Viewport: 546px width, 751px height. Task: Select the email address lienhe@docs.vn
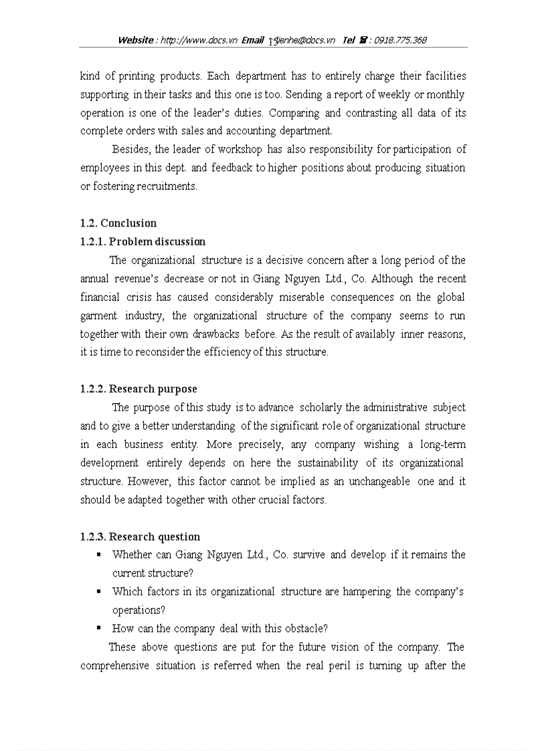click(305, 40)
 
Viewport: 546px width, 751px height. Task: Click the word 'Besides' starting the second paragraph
click(131, 149)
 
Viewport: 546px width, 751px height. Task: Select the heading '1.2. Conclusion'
click(118, 223)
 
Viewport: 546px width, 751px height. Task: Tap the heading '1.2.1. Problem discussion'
click(143, 241)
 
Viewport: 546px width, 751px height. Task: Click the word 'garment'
click(99, 316)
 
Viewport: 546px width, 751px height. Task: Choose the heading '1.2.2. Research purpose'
click(139, 389)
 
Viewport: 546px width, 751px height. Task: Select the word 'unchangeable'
click(377, 481)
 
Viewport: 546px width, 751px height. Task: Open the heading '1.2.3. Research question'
click(140, 536)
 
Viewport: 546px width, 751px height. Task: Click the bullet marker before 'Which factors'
click(99, 591)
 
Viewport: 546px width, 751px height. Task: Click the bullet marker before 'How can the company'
click(99, 628)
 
